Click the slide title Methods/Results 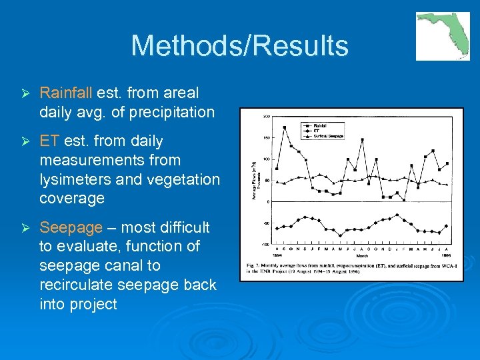coord(239,46)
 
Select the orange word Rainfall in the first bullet coord(66,93)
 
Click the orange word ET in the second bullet coord(49,141)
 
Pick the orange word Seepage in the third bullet coord(71,227)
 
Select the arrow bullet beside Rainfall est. coord(23,93)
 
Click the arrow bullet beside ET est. coord(23,141)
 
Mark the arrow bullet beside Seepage coord(23,228)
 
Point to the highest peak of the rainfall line coord(285,127)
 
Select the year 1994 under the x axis coord(277,255)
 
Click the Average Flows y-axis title coord(254,180)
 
